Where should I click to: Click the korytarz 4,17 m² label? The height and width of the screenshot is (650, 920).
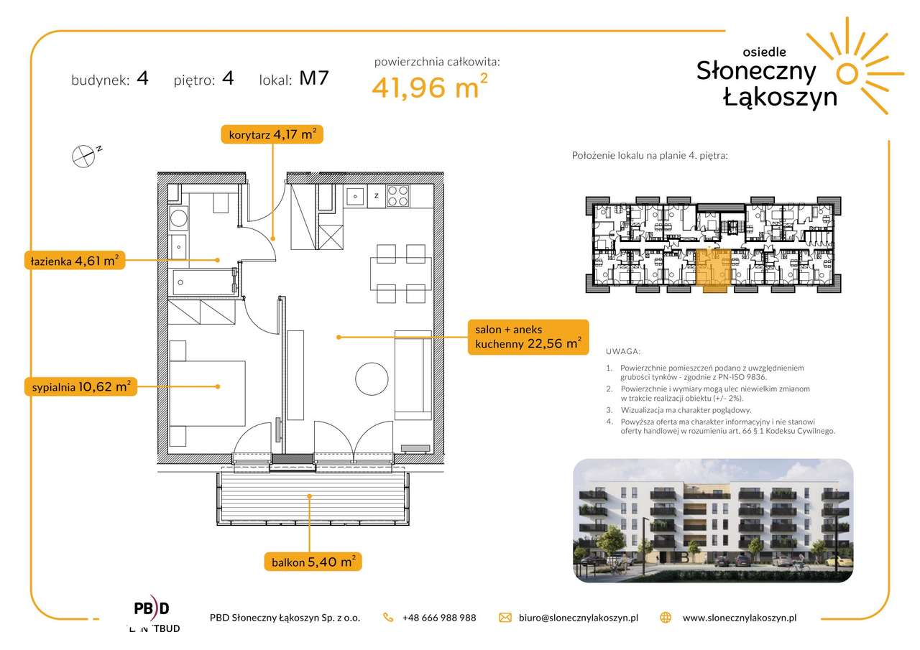click(x=272, y=134)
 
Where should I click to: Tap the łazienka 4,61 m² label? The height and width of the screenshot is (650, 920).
click(x=74, y=260)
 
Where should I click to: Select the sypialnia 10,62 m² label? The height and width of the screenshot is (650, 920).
click(x=80, y=386)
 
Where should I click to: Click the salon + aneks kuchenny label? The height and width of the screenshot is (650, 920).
click(x=528, y=337)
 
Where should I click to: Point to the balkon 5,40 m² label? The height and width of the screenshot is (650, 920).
click(x=313, y=562)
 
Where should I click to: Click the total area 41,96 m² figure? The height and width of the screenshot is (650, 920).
click(x=430, y=86)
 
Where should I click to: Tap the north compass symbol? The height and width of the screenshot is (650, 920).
click(x=85, y=156)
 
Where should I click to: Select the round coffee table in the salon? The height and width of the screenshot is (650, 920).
click(x=372, y=379)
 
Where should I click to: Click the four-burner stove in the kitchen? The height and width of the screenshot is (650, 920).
click(x=398, y=196)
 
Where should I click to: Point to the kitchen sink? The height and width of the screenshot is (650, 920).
click(x=355, y=196)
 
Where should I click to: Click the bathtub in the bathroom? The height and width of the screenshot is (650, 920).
click(x=204, y=282)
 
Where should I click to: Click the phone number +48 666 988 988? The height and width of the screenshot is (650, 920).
click(x=439, y=618)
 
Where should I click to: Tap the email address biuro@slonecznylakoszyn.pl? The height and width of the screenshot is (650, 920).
click(x=579, y=618)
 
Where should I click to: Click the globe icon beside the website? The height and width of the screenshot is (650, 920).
click(x=666, y=618)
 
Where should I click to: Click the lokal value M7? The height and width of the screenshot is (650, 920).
click(x=314, y=78)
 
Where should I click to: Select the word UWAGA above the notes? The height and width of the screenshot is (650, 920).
click(x=622, y=351)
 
